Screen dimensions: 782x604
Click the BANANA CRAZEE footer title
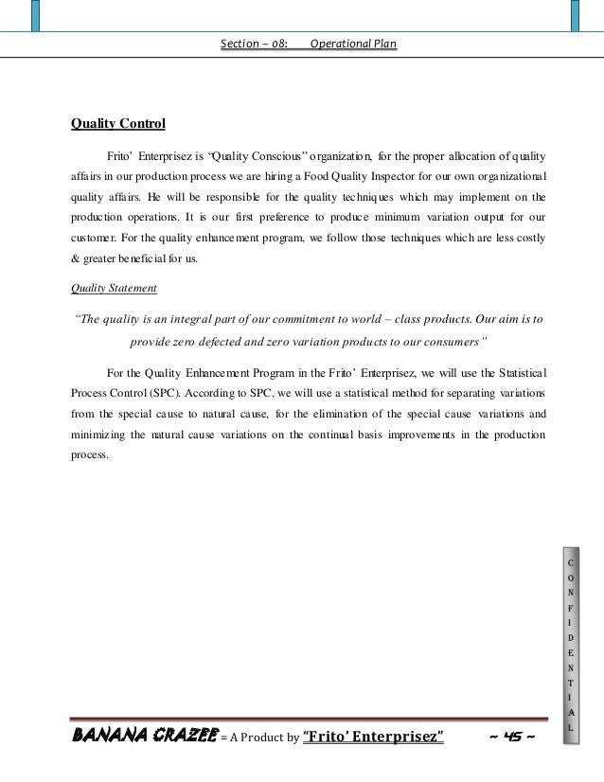[x=145, y=737]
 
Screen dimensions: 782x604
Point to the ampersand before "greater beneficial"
[x=78, y=259]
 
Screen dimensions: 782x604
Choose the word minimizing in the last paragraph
[x=106, y=433]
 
